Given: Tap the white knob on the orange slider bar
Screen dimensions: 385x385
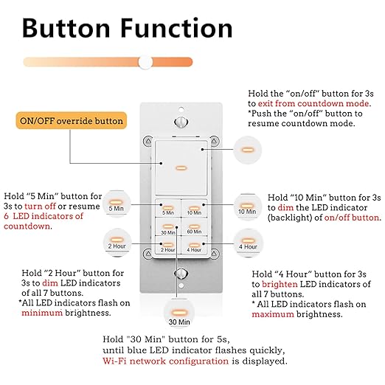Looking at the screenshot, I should pos(146,62).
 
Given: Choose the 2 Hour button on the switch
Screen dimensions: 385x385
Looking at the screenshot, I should pos(167,246).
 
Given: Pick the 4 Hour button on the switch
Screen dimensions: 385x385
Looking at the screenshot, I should pos(192,246).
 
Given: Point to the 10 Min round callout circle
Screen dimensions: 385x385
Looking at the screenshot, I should pos(246,206).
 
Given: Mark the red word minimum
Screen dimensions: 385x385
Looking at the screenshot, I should pos(41,313).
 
